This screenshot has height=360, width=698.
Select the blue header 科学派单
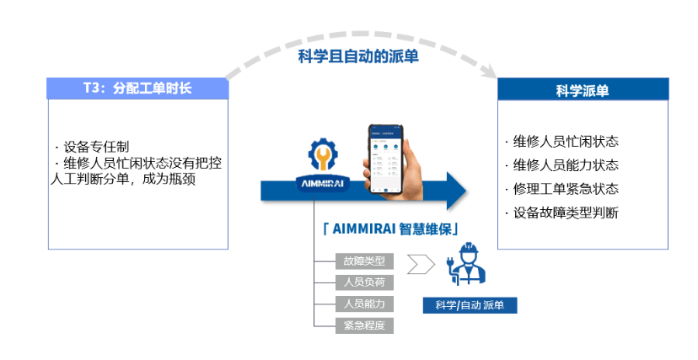click(x=583, y=90)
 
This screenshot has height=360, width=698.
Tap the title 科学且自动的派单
click(x=358, y=56)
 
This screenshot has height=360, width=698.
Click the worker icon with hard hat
click(x=470, y=266)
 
